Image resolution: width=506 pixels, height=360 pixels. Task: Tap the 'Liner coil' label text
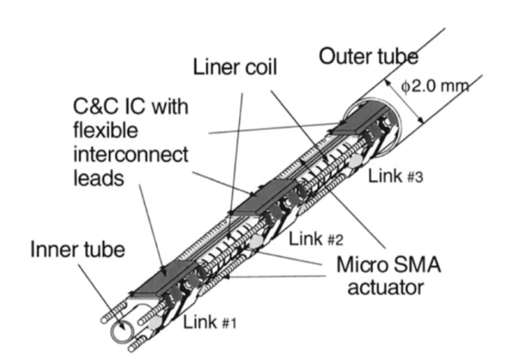235,67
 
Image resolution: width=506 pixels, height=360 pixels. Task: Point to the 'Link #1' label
210,323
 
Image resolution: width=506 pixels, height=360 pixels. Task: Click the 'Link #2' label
316,238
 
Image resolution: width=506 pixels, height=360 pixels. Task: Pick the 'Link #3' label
395,176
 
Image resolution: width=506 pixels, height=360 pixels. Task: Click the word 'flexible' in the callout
106,131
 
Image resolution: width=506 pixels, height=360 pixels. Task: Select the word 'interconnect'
130,155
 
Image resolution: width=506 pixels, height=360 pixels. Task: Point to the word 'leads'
98,178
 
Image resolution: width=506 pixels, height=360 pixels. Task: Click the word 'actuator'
385,287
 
